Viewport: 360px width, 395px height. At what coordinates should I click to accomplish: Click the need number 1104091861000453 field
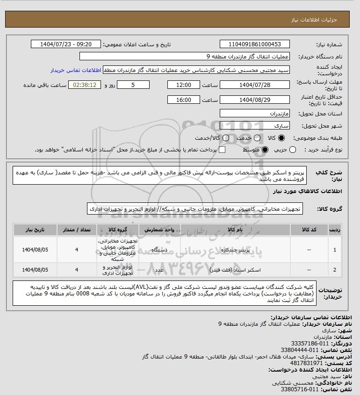(254, 44)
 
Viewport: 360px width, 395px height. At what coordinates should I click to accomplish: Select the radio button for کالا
(281, 138)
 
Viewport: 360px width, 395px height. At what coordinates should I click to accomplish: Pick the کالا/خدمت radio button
(226, 138)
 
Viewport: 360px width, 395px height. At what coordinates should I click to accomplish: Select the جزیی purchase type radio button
(293, 150)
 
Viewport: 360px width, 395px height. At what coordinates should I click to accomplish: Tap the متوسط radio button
(265, 150)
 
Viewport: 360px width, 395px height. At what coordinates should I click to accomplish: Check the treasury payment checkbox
(222, 150)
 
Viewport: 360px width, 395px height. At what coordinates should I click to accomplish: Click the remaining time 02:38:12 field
(85, 85)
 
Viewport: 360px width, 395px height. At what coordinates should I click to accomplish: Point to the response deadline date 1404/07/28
(254, 85)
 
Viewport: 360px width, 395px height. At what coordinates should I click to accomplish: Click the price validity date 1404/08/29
(254, 100)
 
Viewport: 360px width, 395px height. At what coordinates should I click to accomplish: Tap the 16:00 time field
(184, 100)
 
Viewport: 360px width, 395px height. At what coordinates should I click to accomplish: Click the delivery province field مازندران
(254, 114)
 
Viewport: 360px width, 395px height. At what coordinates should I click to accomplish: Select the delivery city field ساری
(254, 126)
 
